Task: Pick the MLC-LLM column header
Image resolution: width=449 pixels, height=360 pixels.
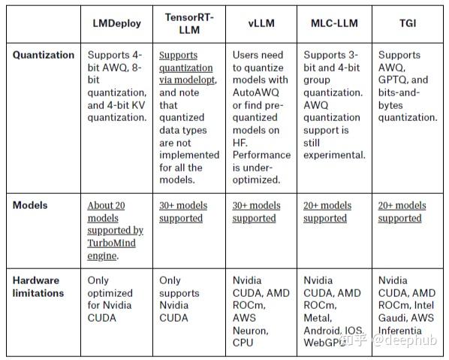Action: (334, 23)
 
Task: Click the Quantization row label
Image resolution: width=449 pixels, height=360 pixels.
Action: (44, 55)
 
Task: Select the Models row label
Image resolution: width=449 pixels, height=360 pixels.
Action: (30, 205)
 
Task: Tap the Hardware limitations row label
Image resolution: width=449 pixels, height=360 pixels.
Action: (38, 286)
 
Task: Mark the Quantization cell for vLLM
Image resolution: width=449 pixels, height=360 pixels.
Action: (261, 116)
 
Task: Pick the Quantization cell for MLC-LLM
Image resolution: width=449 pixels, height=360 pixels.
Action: (334, 104)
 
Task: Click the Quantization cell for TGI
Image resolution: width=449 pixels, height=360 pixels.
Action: (408, 86)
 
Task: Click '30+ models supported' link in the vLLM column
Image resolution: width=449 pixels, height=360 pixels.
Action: (256, 211)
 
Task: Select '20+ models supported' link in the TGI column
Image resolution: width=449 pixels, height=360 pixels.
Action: (402, 211)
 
